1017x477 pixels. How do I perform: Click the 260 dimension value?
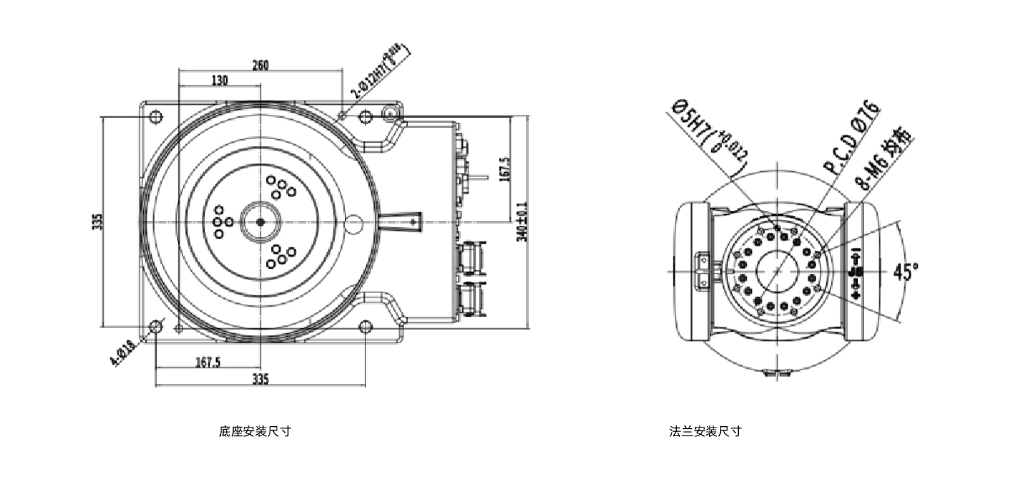click(260, 65)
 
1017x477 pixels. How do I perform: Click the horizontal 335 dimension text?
click(260, 379)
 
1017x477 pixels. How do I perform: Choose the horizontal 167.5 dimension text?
click(208, 361)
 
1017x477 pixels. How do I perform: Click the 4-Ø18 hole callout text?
click(122, 353)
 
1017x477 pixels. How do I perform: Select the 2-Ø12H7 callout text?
click(378, 71)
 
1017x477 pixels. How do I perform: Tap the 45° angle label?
click(905, 272)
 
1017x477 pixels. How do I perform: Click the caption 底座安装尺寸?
click(255, 431)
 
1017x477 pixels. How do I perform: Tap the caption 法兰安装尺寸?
click(705, 431)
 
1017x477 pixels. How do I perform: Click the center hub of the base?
click(260, 222)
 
